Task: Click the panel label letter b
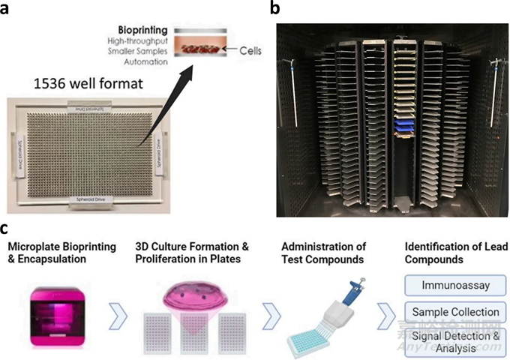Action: (274, 9)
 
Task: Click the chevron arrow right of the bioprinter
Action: (117, 312)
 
